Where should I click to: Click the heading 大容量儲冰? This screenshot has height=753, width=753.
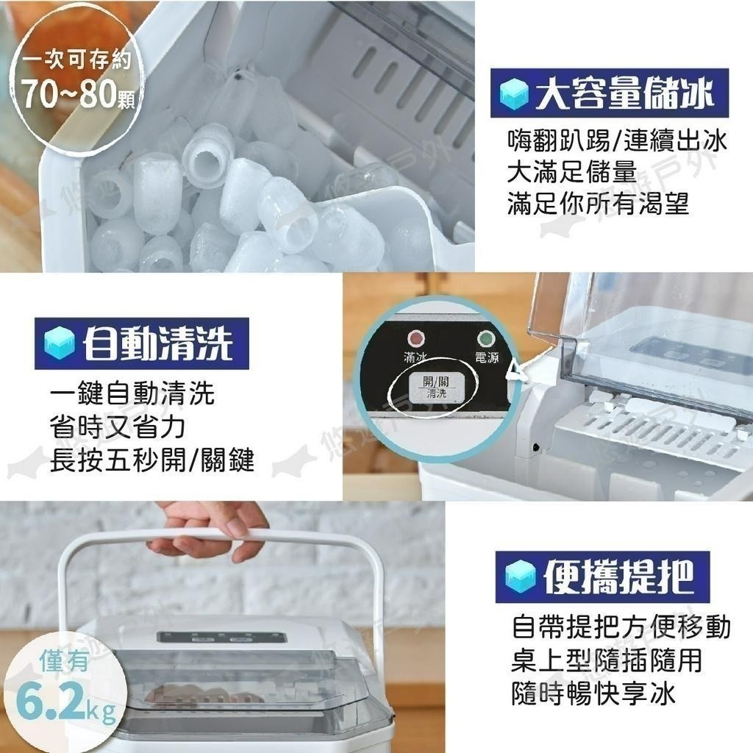click(625, 93)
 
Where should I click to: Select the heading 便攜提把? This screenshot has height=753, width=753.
click(618, 577)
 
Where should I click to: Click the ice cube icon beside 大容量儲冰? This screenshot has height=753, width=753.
click(514, 93)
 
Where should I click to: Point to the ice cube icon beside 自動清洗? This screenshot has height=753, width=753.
click(60, 343)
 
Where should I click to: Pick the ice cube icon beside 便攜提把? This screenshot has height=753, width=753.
click(521, 577)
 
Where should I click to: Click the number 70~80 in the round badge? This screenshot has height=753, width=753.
click(68, 93)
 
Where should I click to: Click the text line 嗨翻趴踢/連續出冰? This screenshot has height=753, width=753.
click(617, 140)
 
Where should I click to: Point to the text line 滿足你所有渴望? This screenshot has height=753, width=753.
click(598, 203)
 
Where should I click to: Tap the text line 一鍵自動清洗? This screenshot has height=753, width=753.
click(132, 393)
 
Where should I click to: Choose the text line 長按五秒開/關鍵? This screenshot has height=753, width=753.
click(151, 460)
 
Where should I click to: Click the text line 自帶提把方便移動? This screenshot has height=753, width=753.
click(621, 627)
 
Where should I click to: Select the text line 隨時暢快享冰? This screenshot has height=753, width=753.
click(593, 693)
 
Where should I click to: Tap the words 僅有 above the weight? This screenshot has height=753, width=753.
click(65, 663)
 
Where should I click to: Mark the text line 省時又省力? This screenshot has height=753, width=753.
click(117, 427)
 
